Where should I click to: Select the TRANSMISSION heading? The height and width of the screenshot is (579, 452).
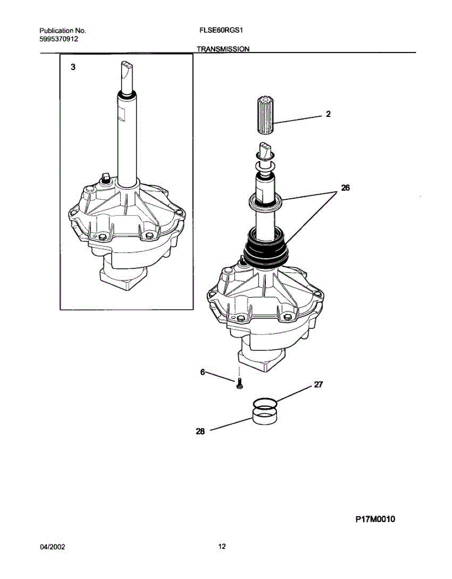coord(223,49)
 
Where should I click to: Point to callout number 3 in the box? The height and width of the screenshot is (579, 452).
coord(73,68)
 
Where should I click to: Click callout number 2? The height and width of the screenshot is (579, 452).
coord(328,114)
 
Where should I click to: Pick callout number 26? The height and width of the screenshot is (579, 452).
coord(345,188)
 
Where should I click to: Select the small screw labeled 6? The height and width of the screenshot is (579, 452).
coord(240,385)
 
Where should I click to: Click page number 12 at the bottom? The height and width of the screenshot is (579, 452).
coord(221,547)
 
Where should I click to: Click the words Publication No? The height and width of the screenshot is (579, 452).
coord(62,30)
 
